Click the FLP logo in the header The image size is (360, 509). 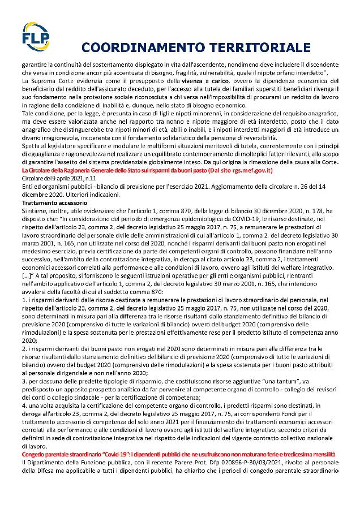36,35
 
